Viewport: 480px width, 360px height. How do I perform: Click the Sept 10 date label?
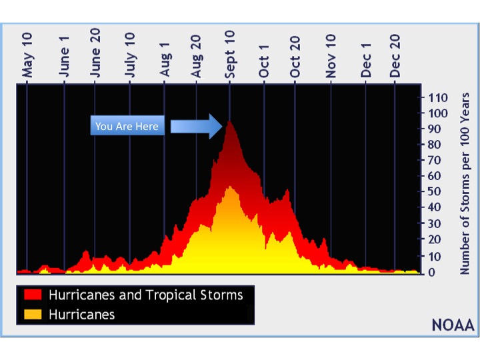[x=229, y=55]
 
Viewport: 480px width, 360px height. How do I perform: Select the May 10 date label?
[x=27, y=55]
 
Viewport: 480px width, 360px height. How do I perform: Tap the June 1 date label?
[x=64, y=57]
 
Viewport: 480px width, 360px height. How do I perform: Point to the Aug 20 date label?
[x=196, y=56]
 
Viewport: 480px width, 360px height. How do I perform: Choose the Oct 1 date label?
[x=264, y=61]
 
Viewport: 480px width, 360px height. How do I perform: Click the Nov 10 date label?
[x=331, y=56]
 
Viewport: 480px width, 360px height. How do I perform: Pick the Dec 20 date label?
[x=395, y=56]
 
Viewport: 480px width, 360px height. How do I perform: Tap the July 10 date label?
[x=130, y=55]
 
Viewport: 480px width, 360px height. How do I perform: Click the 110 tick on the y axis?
[x=438, y=98]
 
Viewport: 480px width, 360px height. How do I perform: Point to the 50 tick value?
[x=435, y=191]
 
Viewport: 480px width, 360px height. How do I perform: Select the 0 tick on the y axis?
[x=431, y=272]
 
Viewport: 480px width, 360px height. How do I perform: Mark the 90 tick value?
[x=435, y=129]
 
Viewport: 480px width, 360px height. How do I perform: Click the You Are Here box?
[x=127, y=125]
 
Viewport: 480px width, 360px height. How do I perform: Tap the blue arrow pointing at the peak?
[x=196, y=127]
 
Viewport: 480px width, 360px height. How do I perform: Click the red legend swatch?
[x=33, y=295]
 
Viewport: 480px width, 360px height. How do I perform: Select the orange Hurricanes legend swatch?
[x=33, y=315]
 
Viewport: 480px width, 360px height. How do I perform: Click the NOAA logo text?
[x=453, y=325]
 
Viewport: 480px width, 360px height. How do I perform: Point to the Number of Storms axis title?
[x=465, y=184]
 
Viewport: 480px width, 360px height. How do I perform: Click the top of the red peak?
[x=229, y=121]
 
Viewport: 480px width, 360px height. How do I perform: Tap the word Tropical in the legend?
[x=172, y=295]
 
